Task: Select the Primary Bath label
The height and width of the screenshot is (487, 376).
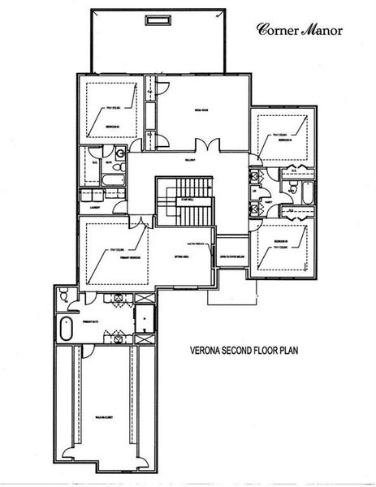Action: pos(90,321)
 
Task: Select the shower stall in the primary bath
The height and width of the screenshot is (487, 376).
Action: pos(144,319)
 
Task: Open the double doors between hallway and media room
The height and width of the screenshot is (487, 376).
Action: pos(210,144)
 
